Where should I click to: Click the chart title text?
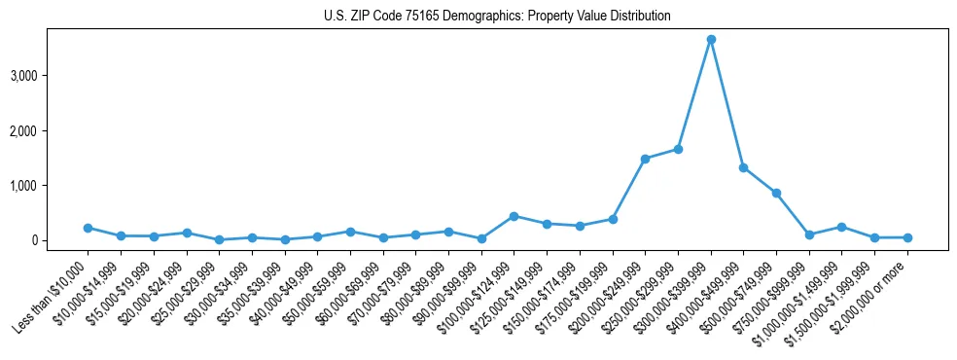click(x=497, y=17)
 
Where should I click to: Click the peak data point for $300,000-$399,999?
click(x=711, y=39)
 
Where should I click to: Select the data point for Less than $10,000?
click(x=88, y=228)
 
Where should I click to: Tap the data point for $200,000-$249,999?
click(x=645, y=159)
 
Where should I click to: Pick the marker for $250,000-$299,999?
click(x=678, y=149)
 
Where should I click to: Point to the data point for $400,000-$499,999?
click(x=743, y=167)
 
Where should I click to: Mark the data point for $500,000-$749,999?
click(x=776, y=193)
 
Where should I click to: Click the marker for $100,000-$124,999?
click(x=514, y=216)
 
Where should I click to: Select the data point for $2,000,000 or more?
click(x=907, y=237)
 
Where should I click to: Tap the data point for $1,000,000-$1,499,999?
click(x=841, y=227)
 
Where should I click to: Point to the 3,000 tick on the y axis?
click(x=53, y=75)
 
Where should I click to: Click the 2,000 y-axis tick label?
click(x=53, y=130)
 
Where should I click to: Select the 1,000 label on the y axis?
click(x=53, y=185)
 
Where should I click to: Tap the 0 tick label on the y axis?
click(x=61, y=240)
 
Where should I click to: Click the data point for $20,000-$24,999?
click(x=186, y=233)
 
